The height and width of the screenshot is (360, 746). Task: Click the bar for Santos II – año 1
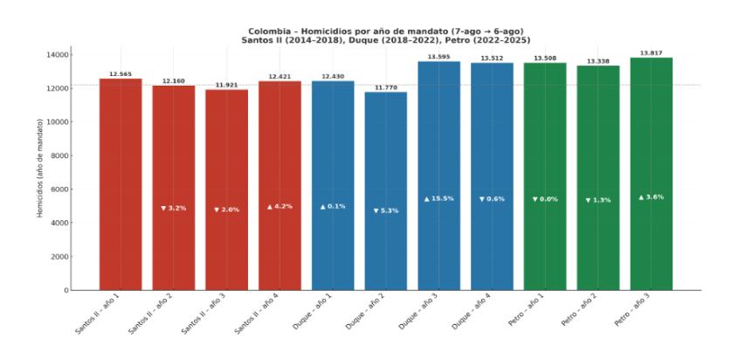(121, 183)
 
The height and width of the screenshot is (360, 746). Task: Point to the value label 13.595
(439, 57)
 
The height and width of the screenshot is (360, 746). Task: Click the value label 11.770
(385, 87)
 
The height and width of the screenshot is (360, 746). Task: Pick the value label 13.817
(651, 53)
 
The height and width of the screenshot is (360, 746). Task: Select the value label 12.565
(121, 74)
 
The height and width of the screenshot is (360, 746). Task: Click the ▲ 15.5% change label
(439, 199)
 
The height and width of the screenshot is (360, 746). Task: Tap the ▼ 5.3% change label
(385, 211)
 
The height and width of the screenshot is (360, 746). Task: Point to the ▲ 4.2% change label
(280, 206)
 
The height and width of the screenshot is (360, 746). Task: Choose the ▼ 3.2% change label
(174, 208)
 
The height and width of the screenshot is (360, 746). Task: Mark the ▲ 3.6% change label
(651, 197)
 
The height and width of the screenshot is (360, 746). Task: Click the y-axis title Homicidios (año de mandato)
(40, 172)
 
